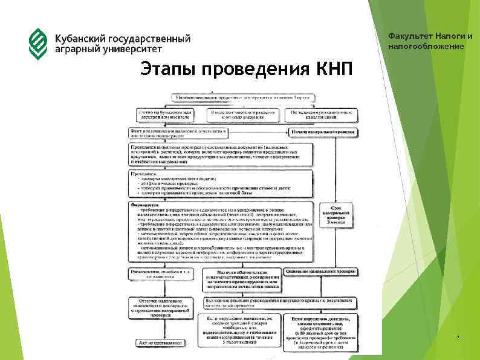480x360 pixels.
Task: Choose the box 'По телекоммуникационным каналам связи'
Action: click(x=320, y=115)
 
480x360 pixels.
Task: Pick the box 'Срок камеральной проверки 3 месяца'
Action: click(x=336, y=215)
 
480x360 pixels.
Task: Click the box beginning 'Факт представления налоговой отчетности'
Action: click(x=178, y=133)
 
